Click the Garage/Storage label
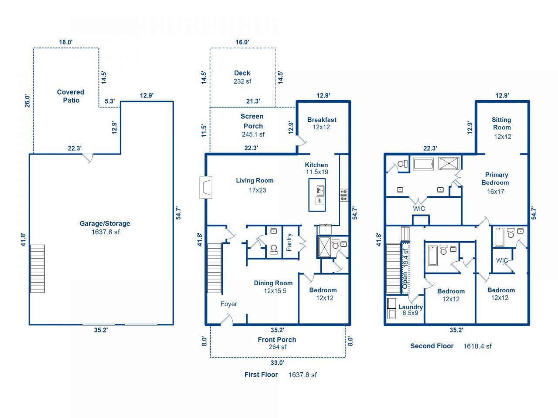click(x=105, y=223)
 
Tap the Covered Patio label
click(x=71, y=96)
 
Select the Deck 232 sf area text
click(x=242, y=81)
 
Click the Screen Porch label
click(x=252, y=121)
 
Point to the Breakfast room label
click(x=322, y=120)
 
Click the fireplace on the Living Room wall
click(x=206, y=187)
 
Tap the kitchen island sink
click(x=320, y=190)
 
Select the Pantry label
click(x=289, y=242)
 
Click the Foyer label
click(x=229, y=304)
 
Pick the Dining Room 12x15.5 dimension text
click(x=275, y=291)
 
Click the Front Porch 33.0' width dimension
click(x=278, y=362)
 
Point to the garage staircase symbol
click(x=37, y=269)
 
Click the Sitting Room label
click(x=501, y=124)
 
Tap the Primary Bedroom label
click(x=496, y=179)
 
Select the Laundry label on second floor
click(x=410, y=307)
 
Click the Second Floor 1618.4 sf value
click(x=477, y=346)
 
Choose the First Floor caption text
click(x=261, y=374)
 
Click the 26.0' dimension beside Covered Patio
click(x=27, y=101)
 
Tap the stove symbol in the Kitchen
click(x=344, y=195)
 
